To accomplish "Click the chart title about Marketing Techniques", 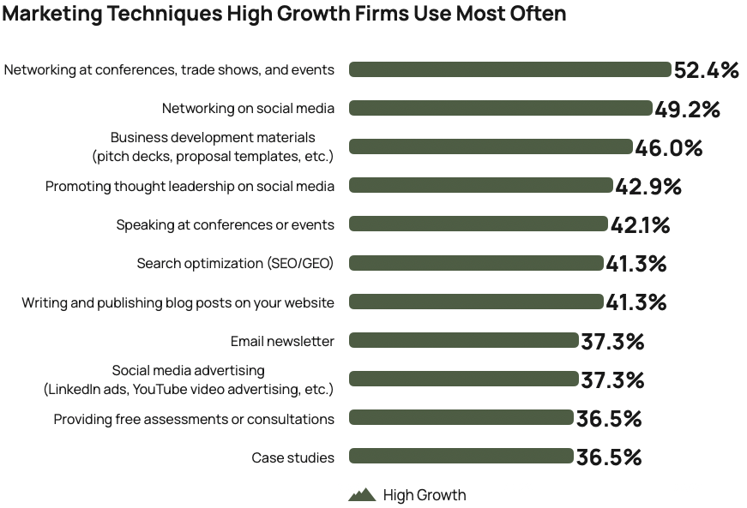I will click(x=284, y=15).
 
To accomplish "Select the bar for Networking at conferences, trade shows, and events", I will click(x=509, y=69).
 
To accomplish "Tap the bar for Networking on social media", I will click(x=500, y=108).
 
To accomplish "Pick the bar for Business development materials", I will click(x=491, y=147).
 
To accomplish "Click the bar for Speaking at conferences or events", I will click(x=478, y=224).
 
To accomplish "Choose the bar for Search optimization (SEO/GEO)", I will click(x=476, y=263).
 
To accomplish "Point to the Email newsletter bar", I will click(x=463, y=341).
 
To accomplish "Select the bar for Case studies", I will click(x=461, y=457).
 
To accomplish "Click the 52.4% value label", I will click(x=707, y=70).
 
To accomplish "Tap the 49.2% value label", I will click(x=687, y=109).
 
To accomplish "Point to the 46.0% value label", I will click(x=669, y=148).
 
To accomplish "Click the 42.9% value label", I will click(x=648, y=187).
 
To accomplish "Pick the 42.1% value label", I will click(x=640, y=225).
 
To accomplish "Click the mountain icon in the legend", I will click(x=362, y=495).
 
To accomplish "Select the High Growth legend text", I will click(x=425, y=495).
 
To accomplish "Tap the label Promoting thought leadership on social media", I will click(x=190, y=186).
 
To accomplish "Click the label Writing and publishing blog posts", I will click(x=178, y=302).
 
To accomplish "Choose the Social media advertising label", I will click(x=188, y=380).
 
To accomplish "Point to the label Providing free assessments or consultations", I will click(x=194, y=419).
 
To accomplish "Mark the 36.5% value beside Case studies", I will click(x=609, y=458).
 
